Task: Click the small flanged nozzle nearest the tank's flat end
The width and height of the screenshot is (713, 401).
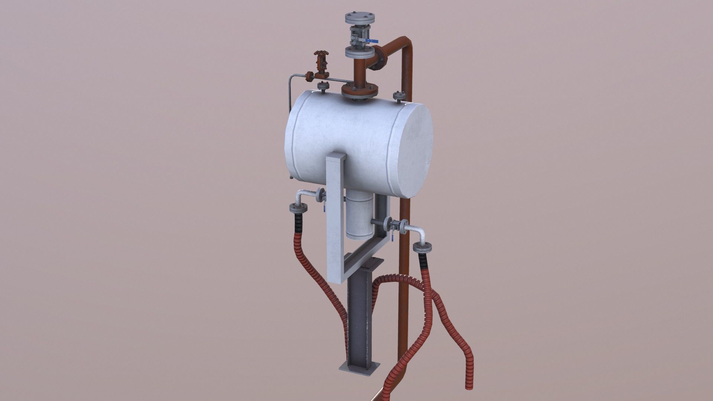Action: [399, 97]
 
